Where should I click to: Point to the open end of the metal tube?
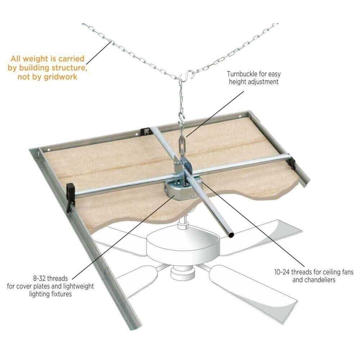pyautogui.click(x=231, y=235)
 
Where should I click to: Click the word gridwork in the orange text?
pyautogui.click(x=60, y=77)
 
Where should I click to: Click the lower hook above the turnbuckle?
pyautogui.click(x=181, y=119)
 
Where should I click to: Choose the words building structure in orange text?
pyautogui.click(x=53, y=68)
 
